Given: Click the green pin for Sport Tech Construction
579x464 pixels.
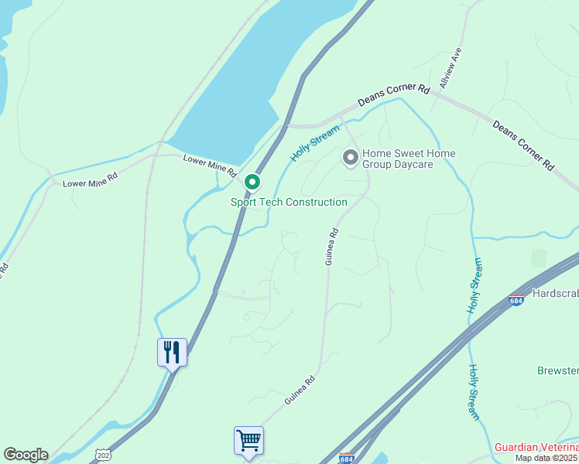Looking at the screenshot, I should coord(252,183).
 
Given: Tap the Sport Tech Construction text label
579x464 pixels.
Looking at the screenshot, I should coord(289,203).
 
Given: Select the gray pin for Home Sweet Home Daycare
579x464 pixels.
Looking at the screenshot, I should coord(350,158).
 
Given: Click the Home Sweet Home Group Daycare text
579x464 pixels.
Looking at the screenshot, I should coord(409,159).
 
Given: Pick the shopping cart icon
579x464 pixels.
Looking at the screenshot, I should coord(248,440).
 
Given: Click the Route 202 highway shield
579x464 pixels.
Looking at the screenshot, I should coord(103,455).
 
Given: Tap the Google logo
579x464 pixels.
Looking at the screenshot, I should coord(26,455).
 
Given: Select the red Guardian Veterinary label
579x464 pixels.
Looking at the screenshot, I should coord(536,448).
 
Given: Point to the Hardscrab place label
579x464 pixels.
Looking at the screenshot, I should coord(556,295).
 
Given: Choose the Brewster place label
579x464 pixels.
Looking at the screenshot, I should coord(558,370).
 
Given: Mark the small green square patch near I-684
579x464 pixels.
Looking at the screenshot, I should coord(539,258).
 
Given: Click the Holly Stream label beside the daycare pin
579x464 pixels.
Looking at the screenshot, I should coord(315,143).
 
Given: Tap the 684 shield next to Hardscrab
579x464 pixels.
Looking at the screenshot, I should coord(517,300).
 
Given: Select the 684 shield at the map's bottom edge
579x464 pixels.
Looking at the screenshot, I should coord(347,458).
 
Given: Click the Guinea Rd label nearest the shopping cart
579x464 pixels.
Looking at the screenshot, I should coord(300,390).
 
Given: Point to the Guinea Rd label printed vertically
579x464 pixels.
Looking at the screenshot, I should coord(331,247).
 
